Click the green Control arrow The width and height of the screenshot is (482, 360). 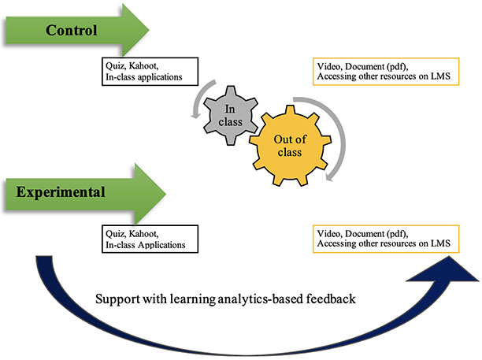point(79,32)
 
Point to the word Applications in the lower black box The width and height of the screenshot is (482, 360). point(166,244)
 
